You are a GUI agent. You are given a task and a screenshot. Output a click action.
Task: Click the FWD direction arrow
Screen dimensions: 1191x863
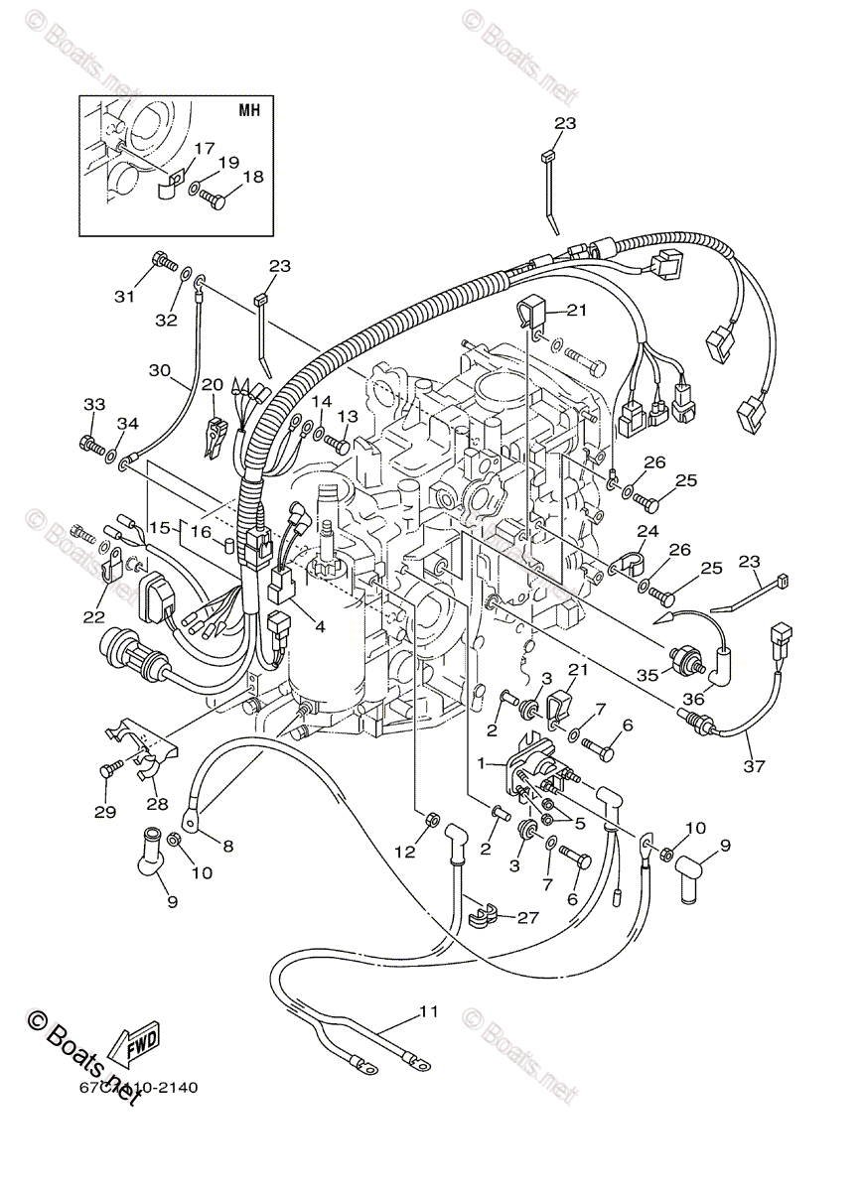[133, 1041]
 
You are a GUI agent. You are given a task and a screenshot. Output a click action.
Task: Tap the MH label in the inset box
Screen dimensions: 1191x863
[248, 110]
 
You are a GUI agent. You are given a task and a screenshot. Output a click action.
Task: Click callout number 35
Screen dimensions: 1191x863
[647, 675]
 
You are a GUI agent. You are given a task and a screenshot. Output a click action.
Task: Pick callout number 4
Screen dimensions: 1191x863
[320, 626]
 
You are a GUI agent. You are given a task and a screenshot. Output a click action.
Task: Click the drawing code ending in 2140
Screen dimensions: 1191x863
[139, 1087]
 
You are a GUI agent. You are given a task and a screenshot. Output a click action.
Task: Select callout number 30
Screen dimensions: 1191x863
[160, 370]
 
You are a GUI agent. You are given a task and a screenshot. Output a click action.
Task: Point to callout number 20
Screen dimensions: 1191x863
[212, 385]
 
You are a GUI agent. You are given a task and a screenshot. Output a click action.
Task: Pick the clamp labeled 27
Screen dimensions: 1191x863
[481, 912]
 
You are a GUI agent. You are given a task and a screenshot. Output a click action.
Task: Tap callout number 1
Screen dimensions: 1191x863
[484, 765]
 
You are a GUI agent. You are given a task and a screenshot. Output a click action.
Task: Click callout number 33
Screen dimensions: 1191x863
[93, 405]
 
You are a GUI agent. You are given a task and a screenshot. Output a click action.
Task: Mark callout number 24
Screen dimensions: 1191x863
[647, 531]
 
